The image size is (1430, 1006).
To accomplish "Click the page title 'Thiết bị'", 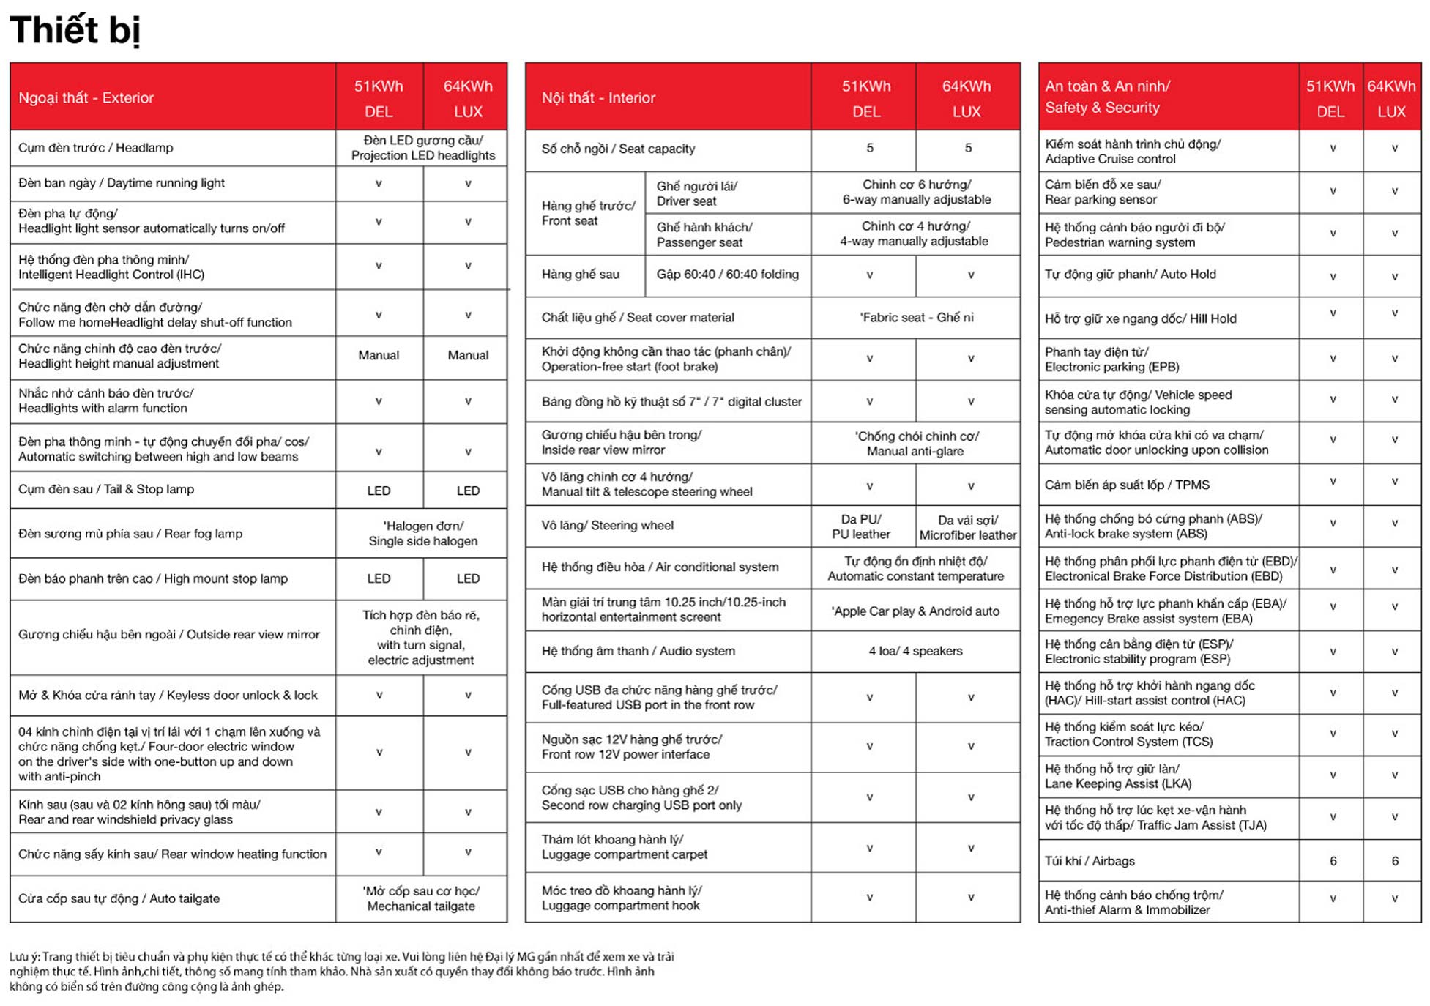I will tap(75, 31).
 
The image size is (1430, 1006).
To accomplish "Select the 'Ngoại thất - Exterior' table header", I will tap(86, 98).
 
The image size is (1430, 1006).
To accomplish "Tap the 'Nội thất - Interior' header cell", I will tap(598, 98).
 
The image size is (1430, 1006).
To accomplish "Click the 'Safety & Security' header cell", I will tap(1107, 97).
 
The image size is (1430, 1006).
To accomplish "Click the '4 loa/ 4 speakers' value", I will tap(915, 651).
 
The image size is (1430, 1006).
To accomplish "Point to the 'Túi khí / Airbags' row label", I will tap(1090, 861).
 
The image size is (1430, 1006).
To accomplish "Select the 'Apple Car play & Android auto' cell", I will tap(915, 611).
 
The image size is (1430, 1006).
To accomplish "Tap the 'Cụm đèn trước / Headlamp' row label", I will tap(96, 148).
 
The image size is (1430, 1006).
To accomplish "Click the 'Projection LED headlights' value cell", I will tap(422, 148).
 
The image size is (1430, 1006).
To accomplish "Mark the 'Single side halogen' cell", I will tap(422, 534).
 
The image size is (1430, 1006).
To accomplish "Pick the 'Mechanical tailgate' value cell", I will tap(421, 899).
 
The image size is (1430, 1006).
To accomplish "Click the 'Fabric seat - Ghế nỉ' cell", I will tap(916, 318).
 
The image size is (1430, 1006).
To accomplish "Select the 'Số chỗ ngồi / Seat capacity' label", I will tap(618, 149).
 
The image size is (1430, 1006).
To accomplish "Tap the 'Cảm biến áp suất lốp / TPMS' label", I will tap(1127, 485).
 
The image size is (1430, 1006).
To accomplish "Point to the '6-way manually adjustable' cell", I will tap(916, 193).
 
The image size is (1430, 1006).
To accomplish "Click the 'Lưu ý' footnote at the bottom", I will tap(341, 972).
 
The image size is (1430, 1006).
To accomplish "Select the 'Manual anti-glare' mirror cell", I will tap(915, 444).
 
